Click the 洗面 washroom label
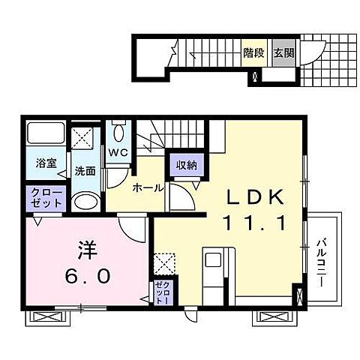tap(84, 171)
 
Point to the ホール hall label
tap(148, 187)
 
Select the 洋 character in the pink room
tap(87, 249)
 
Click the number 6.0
tap(87, 275)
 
